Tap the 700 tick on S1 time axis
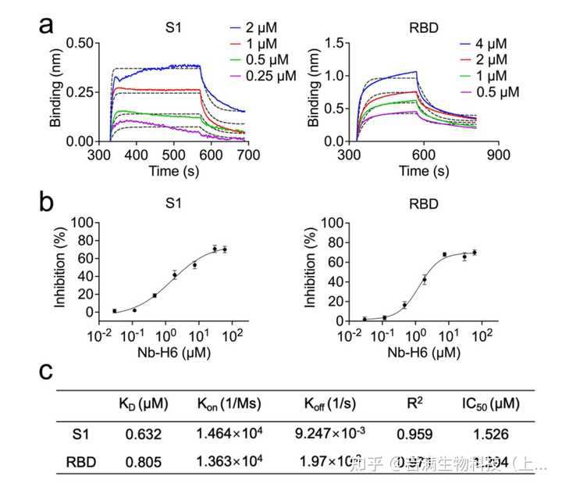coord(248,156)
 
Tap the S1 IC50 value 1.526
coord(491,433)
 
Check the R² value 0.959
coord(418,433)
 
